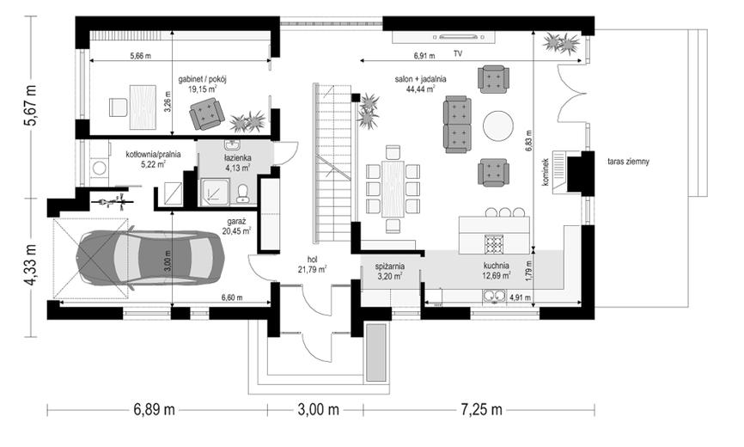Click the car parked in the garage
tap(151, 258)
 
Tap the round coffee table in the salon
tap(497, 126)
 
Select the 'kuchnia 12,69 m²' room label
tap(497, 271)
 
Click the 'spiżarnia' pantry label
tap(389, 266)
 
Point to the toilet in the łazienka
tap(243, 193)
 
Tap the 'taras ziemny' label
tap(628, 162)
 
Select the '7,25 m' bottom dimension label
tap(481, 409)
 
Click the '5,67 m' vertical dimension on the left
tap(31, 106)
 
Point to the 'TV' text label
tap(457, 54)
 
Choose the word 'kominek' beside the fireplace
tap(546, 172)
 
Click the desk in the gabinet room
tap(143, 107)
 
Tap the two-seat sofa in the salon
tap(457, 125)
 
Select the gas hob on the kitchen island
tap(494, 244)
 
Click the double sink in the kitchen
tap(495, 296)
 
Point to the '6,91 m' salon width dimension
tap(424, 56)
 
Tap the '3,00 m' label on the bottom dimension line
tap(319, 409)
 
